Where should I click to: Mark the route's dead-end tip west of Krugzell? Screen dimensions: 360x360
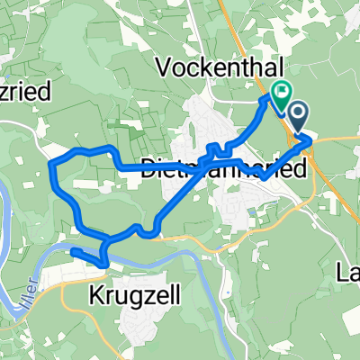pos(74,251)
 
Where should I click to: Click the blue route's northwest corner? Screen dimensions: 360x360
pos(54,161)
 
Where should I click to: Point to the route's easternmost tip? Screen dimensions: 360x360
pos(310,140)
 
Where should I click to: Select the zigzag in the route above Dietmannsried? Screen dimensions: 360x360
pos(216,148)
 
